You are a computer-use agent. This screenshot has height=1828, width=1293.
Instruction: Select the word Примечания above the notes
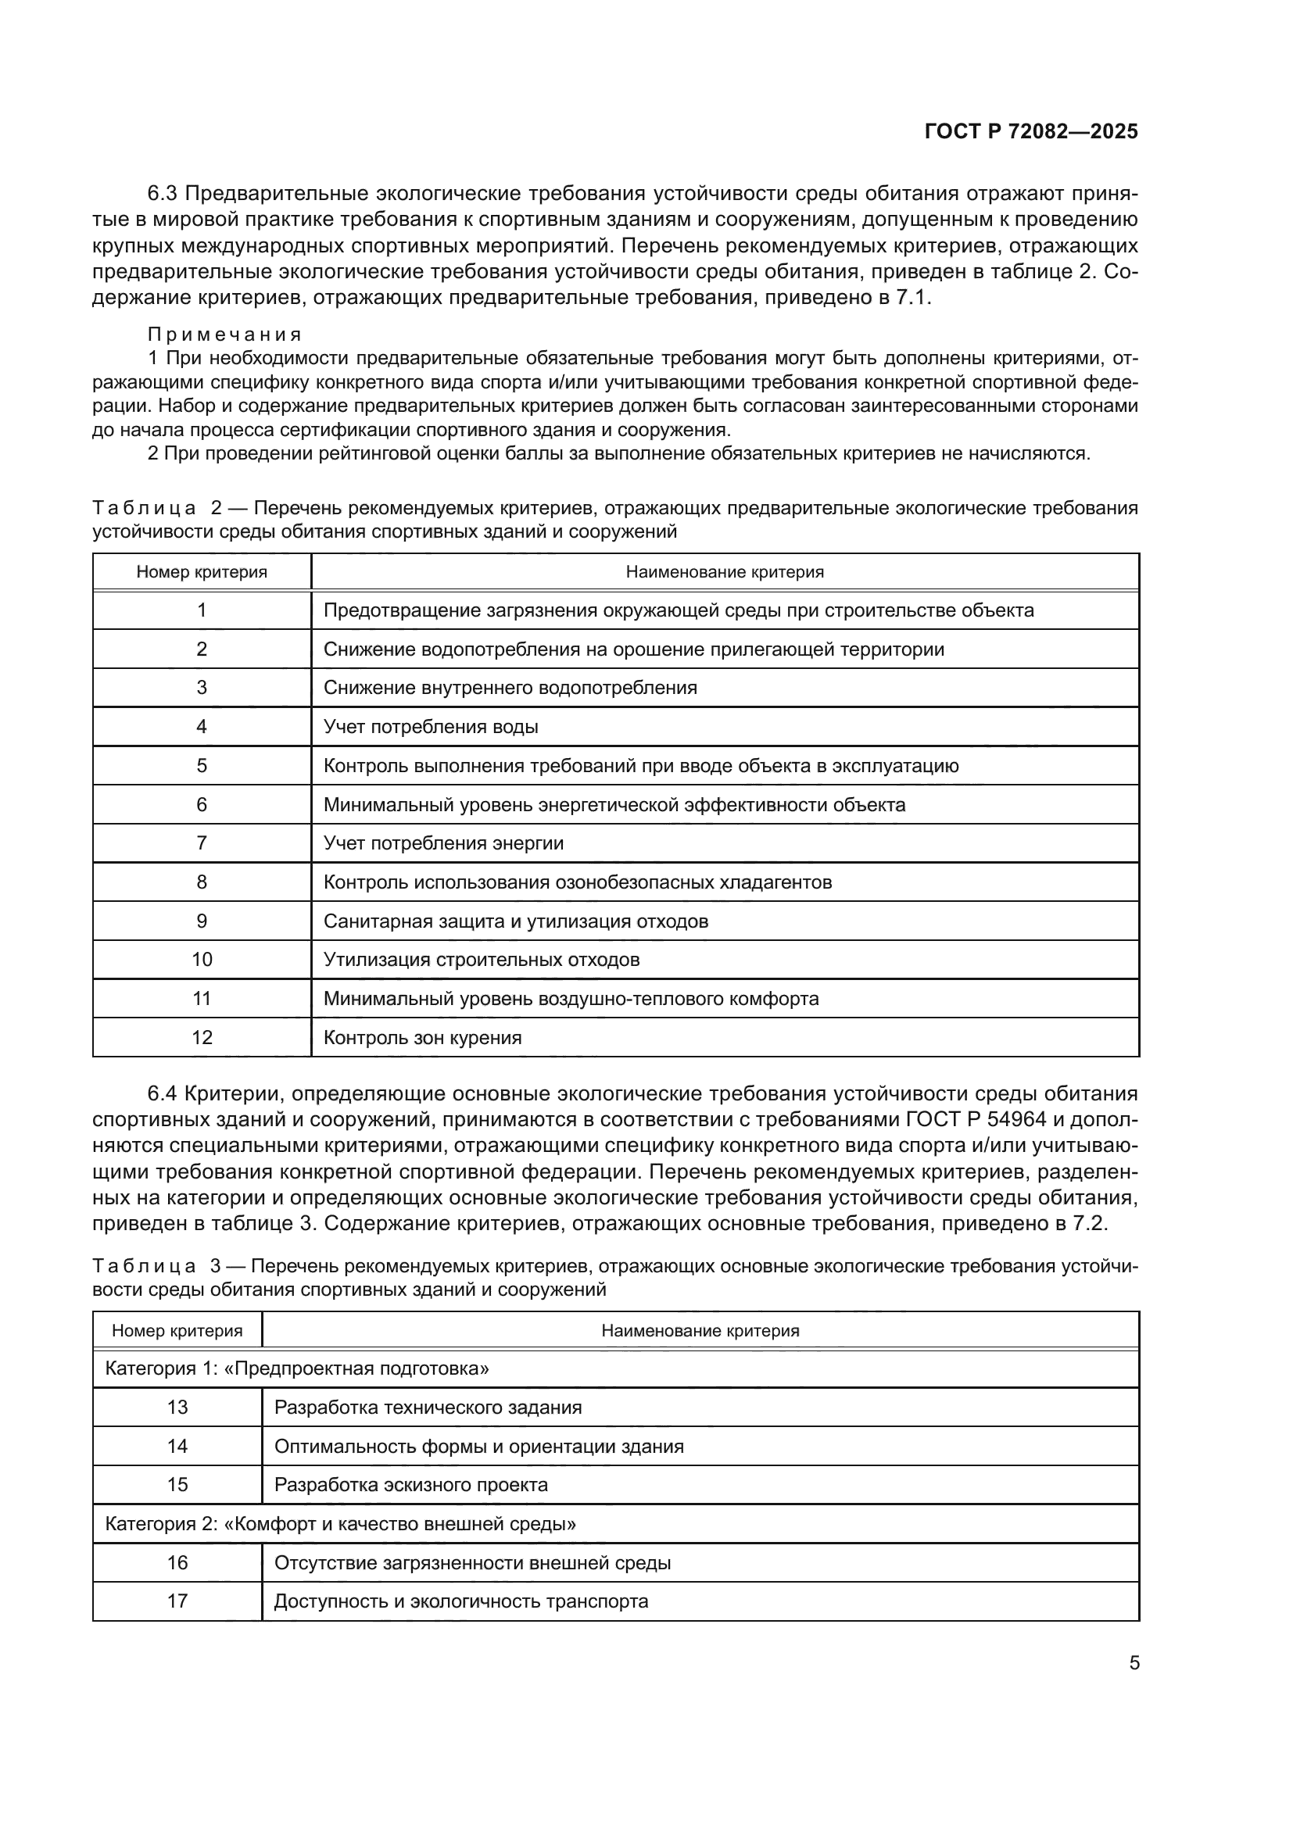point(224,334)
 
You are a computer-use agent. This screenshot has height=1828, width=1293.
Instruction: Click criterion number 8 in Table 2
point(202,882)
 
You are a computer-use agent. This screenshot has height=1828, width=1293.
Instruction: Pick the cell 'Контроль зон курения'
point(422,1037)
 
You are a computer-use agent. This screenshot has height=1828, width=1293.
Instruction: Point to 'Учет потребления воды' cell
point(430,726)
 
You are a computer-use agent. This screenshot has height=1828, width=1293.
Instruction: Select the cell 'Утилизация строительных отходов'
point(481,960)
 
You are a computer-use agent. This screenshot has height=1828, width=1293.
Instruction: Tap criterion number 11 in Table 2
point(202,998)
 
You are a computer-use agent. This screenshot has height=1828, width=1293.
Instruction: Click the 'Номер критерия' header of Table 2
point(202,571)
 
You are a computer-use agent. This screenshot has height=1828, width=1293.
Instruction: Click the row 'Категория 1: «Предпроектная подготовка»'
point(296,1368)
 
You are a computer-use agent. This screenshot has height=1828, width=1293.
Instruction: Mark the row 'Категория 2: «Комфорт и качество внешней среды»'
point(340,1524)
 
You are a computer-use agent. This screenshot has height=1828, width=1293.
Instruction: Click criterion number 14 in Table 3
point(177,1446)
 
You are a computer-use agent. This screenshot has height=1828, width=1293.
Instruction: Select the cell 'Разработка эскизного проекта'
point(411,1485)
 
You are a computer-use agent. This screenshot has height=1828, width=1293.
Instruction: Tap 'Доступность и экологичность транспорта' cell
point(461,1601)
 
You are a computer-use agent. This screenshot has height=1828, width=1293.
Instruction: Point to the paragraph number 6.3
point(164,194)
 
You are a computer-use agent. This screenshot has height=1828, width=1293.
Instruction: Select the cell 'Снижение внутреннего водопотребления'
point(510,687)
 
